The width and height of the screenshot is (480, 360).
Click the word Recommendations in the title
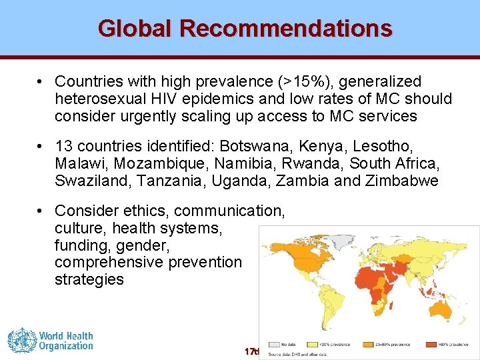286,29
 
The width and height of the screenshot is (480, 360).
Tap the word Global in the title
136,29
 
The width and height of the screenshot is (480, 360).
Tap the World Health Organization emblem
21,340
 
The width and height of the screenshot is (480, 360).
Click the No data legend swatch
274,345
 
